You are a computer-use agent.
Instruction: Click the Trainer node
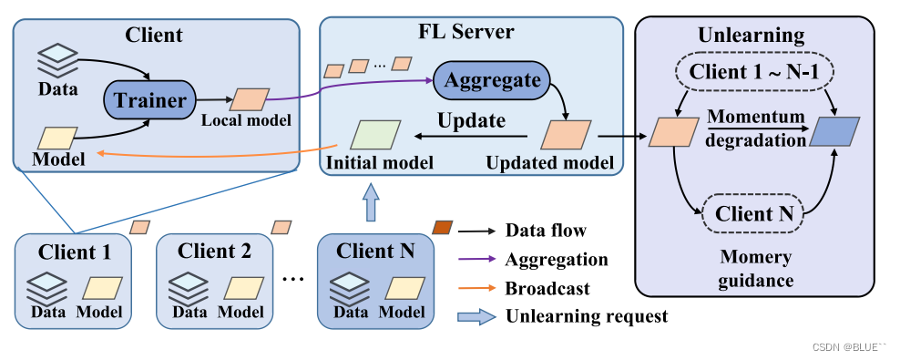[x=149, y=100]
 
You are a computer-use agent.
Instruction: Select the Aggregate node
[x=491, y=81]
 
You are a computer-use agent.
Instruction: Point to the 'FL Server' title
[x=466, y=32]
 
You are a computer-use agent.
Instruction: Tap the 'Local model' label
[x=246, y=119]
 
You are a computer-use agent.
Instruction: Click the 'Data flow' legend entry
[x=546, y=231]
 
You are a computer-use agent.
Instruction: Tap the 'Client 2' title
[x=214, y=251]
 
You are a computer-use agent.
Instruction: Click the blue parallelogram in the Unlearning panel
[x=834, y=132]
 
